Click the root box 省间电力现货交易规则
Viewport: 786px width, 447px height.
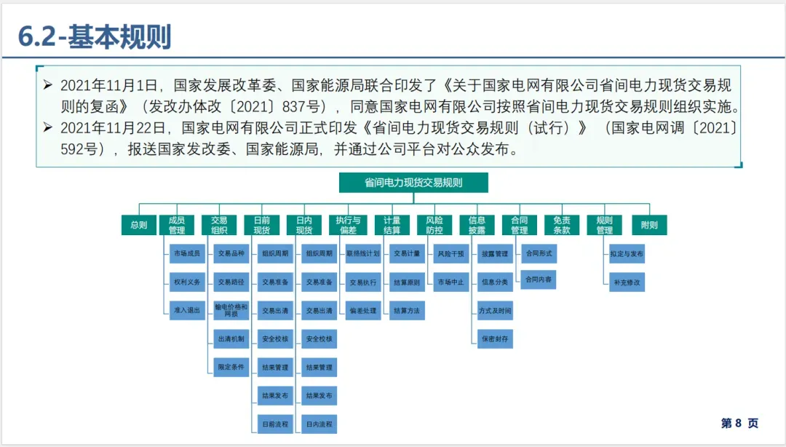(x=413, y=183)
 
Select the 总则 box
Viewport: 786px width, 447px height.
(x=138, y=226)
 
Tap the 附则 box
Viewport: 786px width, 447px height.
(x=649, y=226)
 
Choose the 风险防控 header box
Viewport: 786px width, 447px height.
(x=434, y=226)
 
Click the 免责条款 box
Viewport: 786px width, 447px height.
(x=562, y=226)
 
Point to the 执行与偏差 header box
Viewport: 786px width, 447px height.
(x=349, y=226)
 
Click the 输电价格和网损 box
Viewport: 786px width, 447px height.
(x=231, y=310)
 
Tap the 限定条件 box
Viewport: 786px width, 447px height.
(x=231, y=367)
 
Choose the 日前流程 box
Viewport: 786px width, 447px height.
(x=275, y=424)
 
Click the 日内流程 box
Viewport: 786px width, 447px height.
(x=319, y=424)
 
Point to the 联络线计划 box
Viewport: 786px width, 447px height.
(x=363, y=254)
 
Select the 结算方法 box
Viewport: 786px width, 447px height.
(x=406, y=310)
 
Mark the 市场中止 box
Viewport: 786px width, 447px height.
(x=450, y=282)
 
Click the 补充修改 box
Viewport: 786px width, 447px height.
(x=627, y=282)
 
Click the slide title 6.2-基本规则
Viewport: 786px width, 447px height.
(x=94, y=36)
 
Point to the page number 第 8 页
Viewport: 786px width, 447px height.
(x=739, y=423)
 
